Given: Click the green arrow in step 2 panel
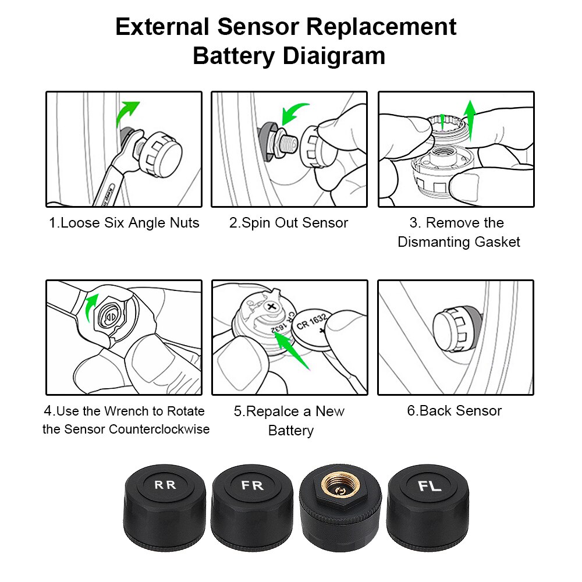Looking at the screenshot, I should [x=296, y=111].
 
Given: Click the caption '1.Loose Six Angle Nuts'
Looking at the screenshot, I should [x=124, y=223].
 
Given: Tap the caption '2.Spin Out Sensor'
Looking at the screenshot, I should [x=289, y=223].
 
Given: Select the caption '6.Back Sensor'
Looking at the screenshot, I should [x=454, y=411].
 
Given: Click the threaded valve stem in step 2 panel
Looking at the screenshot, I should [x=286, y=143].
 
